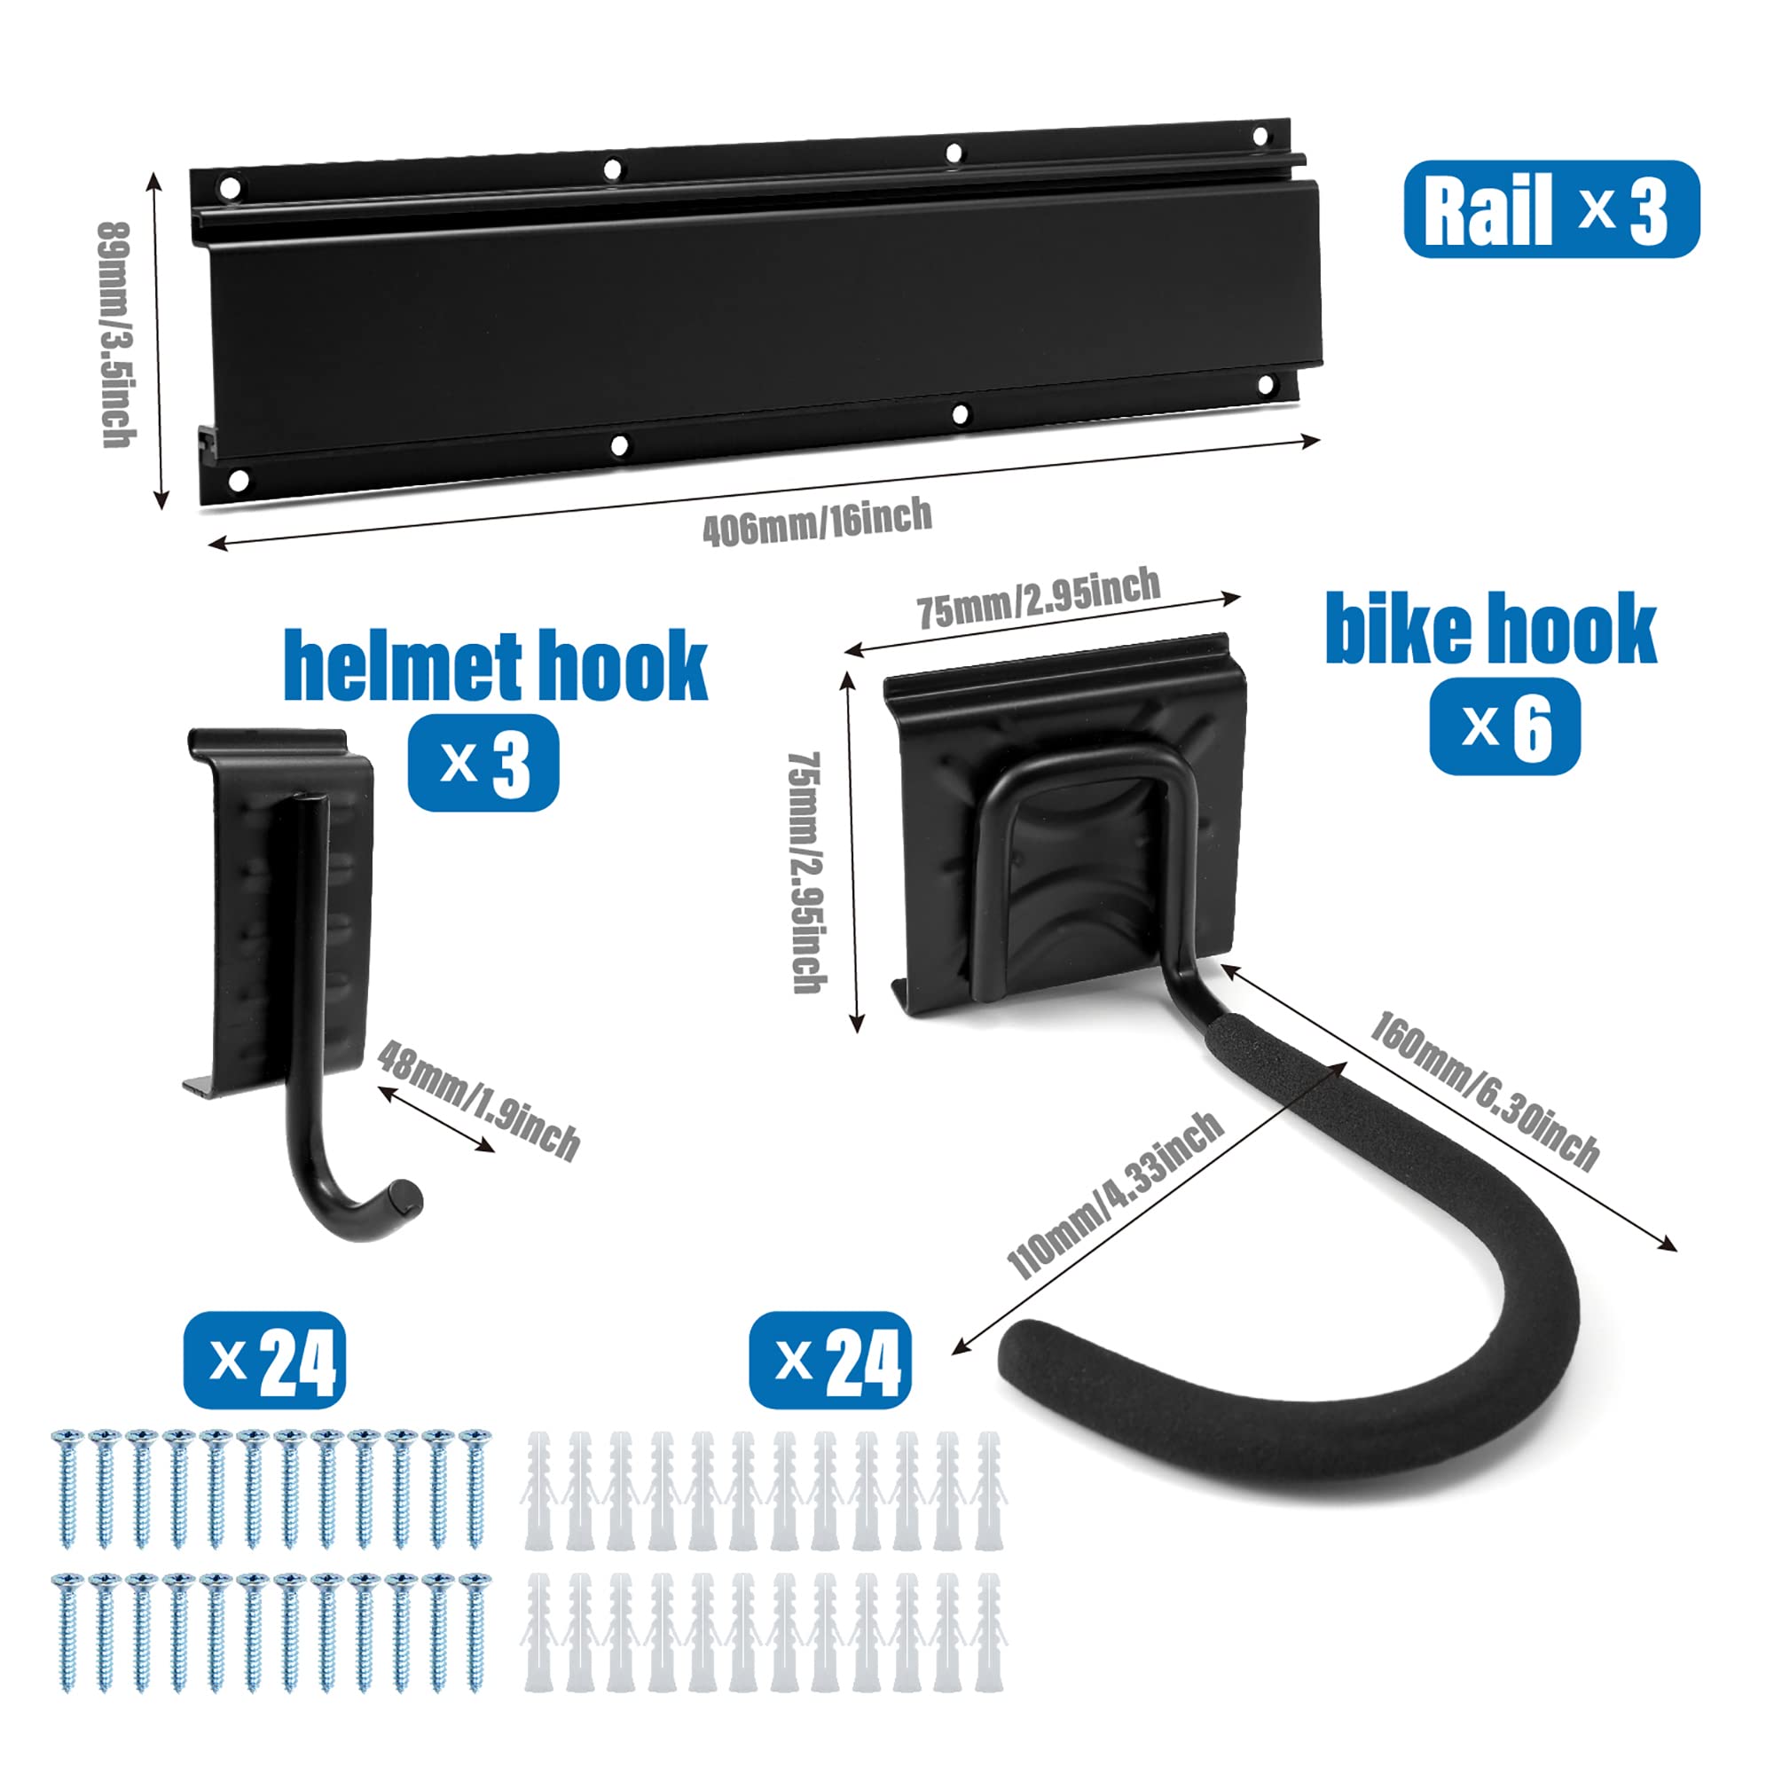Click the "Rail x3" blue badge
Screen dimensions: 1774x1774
click(x=1550, y=208)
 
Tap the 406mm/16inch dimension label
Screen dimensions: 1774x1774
click(x=817, y=522)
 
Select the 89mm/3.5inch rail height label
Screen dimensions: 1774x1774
click(x=116, y=335)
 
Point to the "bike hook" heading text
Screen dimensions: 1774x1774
click(x=1491, y=628)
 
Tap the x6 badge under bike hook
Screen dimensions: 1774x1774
click(x=1505, y=726)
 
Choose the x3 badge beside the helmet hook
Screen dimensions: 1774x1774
click(x=483, y=762)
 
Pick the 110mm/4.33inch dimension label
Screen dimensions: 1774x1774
click(x=1116, y=1195)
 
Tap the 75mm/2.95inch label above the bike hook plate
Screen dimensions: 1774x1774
click(x=1039, y=598)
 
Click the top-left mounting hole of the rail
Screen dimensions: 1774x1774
click(x=230, y=188)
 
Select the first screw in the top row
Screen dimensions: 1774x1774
click(x=68, y=1487)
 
